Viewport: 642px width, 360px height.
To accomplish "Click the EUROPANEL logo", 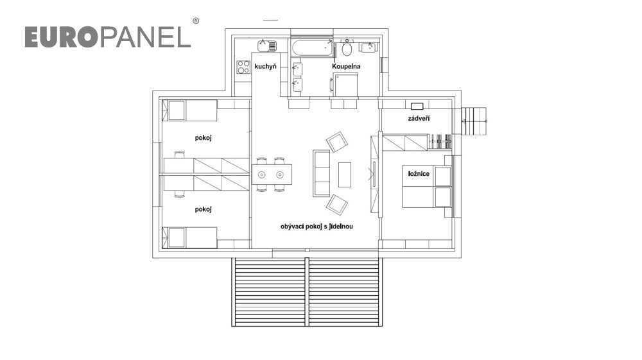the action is click(x=108, y=37).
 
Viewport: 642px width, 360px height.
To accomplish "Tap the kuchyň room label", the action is click(x=265, y=66).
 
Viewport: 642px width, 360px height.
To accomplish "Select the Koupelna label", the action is click(x=346, y=66).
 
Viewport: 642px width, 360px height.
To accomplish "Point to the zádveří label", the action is click(x=419, y=119).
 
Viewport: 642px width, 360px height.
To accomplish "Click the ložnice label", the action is click(x=419, y=173).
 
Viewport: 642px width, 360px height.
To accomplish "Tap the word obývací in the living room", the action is click(x=292, y=227).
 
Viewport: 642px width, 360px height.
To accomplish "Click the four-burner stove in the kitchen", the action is click(x=243, y=67).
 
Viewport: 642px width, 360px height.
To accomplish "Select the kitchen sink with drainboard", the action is click(x=267, y=46).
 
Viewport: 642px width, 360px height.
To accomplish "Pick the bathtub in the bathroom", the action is click(x=313, y=49).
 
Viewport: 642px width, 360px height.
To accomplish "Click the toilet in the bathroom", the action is click(x=347, y=49).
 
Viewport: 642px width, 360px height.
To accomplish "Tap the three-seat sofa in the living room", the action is click(x=322, y=173).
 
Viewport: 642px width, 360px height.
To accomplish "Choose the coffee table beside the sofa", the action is click(x=345, y=175).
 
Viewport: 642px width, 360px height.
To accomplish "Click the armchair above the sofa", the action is click(x=337, y=142).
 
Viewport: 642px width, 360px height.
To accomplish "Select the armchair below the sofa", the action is click(x=337, y=205).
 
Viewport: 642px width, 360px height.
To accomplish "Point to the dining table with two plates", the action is click(x=272, y=175).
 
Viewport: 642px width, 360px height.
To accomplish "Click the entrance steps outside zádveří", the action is click(x=474, y=121).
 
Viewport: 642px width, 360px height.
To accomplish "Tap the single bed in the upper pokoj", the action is click(x=189, y=110).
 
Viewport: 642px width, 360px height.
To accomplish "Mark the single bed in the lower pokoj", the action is click(x=189, y=237).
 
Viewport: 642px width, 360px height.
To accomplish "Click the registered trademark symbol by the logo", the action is click(x=196, y=21).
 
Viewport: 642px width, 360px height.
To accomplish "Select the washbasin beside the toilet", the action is click(x=369, y=47).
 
